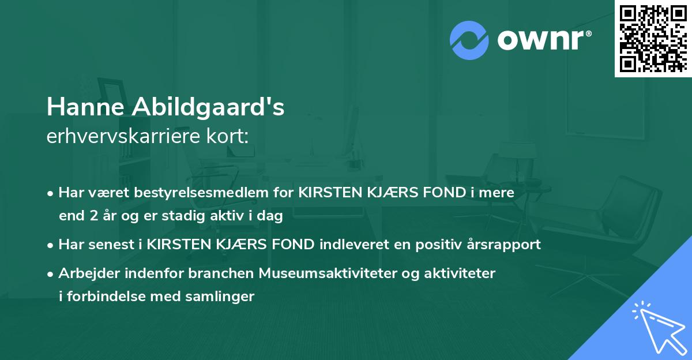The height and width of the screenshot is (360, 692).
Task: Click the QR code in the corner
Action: click(x=653, y=38)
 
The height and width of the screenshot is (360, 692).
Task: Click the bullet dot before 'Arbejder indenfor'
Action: click(x=51, y=273)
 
